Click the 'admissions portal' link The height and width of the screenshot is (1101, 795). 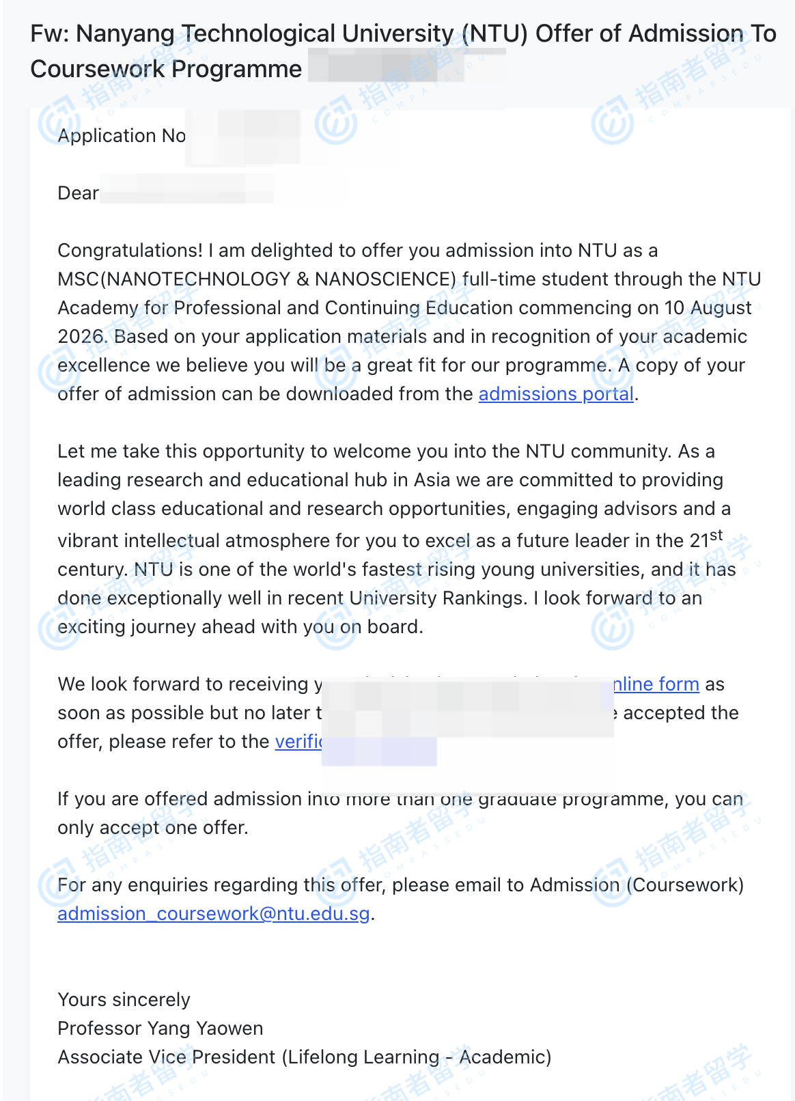coord(556,394)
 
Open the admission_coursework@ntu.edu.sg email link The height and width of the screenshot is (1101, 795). coord(213,914)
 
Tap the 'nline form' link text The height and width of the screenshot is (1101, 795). coord(656,684)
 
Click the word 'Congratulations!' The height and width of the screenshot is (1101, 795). coord(130,251)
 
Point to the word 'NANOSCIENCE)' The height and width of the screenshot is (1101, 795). coord(385,279)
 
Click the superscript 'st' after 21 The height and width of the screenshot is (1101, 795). coord(716,535)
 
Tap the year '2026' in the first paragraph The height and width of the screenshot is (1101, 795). coord(81,337)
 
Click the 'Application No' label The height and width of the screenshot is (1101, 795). coord(122,136)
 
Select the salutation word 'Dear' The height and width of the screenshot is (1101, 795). coord(78,193)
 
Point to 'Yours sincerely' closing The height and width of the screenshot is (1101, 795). coord(124,1000)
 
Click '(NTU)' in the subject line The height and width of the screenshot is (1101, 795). coord(494,33)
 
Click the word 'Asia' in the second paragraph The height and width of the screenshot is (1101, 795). coord(432,480)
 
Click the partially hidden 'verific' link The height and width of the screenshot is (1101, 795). coord(298,742)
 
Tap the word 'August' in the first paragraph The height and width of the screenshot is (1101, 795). coord(721,308)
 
